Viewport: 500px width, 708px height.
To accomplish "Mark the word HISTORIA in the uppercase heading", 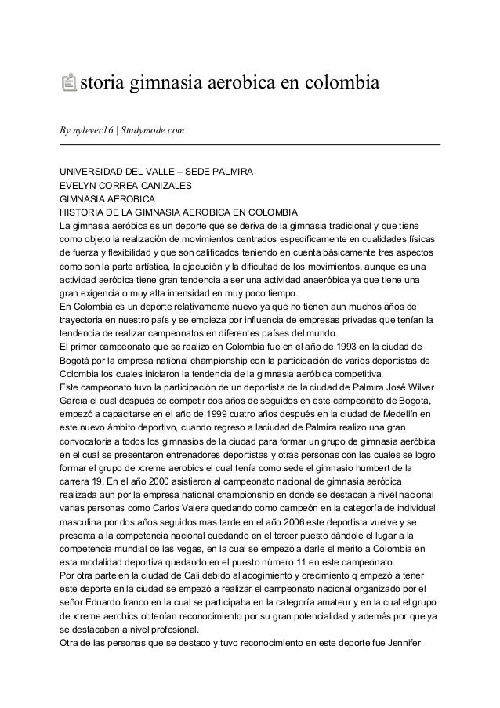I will pos(85,213).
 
